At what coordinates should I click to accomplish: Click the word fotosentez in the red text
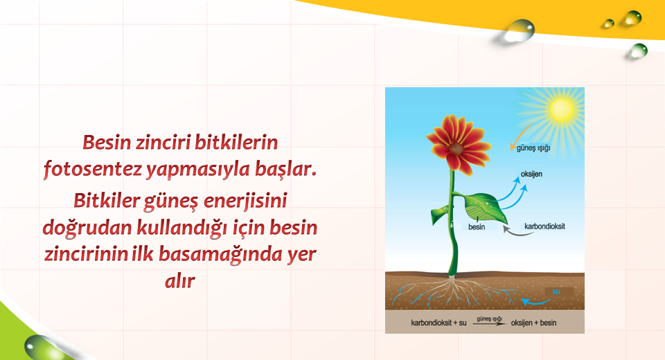(92, 170)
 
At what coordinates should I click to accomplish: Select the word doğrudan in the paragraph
(87, 228)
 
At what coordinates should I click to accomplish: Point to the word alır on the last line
(180, 280)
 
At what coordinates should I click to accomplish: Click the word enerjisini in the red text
(245, 201)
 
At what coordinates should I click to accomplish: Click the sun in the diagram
(562, 109)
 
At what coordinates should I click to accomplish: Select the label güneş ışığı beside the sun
(533, 148)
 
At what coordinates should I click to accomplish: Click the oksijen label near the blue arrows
(531, 174)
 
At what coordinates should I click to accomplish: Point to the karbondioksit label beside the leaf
(544, 226)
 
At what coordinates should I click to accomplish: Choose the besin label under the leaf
(477, 227)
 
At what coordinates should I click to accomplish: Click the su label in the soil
(556, 291)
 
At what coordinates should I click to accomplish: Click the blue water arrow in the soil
(535, 303)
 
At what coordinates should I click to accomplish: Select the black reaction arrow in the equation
(490, 324)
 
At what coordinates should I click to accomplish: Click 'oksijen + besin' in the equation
(533, 323)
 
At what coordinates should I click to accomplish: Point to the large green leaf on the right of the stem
(486, 208)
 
